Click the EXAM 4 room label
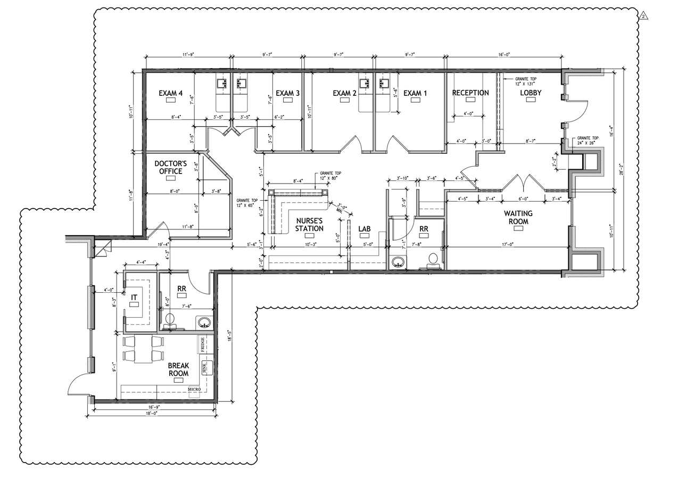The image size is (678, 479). tap(171, 93)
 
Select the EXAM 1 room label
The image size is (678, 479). tap(415, 93)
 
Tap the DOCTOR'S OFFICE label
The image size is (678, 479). tap(169, 167)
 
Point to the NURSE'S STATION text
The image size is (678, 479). tap(309, 225)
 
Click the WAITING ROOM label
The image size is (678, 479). tap(518, 217)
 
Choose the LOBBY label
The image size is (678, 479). tap(531, 93)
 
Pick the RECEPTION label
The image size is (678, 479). tap(470, 93)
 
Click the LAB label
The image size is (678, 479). tap(364, 229)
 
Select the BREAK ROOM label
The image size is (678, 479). tap(178, 369)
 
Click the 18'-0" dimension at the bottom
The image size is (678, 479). tap(152, 413)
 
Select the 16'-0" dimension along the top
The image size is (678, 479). tap(503, 54)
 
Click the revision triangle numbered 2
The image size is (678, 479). tap(644, 16)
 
